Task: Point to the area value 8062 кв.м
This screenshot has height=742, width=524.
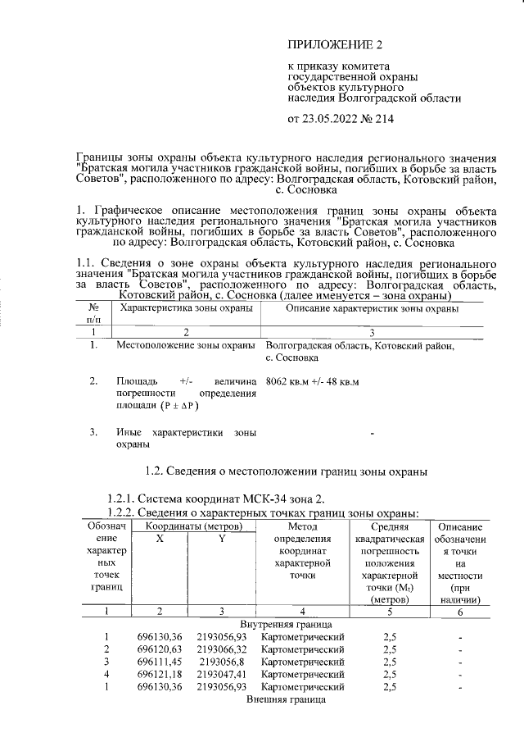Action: pos(287,381)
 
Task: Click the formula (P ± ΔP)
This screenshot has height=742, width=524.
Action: pos(178,405)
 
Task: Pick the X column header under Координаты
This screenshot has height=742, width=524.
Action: pos(160,537)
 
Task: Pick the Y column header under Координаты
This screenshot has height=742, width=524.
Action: pos(221,537)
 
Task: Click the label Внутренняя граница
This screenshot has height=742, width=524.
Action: pos(286,624)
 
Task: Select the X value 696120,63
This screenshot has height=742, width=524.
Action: pos(159,649)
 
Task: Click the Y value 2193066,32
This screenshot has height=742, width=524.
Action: pos(221,649)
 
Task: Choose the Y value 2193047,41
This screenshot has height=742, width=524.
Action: pos(221,674)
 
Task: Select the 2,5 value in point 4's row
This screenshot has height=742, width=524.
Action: pos(390,674)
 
